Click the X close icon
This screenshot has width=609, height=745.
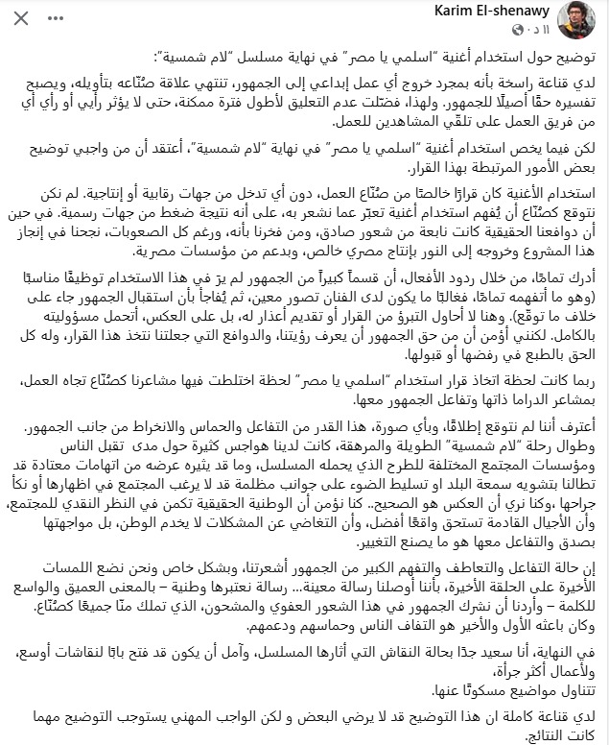point(22,18)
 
